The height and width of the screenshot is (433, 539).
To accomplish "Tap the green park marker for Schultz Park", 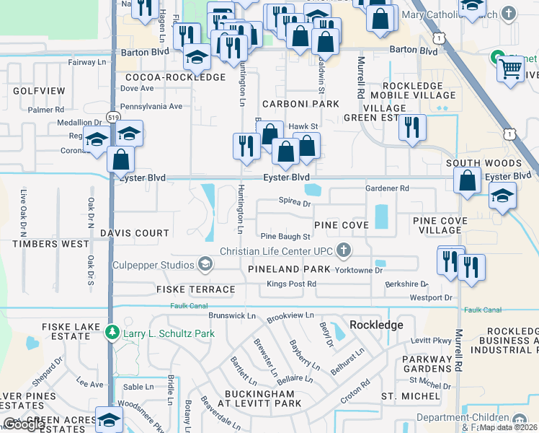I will tap(111, 333).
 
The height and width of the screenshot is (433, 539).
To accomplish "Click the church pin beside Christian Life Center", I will tap(344, 251).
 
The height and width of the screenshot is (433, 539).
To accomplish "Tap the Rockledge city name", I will tap(376, 325).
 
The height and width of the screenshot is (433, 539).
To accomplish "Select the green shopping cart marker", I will tap(510, 69).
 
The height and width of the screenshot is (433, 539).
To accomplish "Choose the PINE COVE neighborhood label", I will tap(341, 225).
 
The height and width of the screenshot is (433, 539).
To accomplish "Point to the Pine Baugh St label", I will tap(285, 236).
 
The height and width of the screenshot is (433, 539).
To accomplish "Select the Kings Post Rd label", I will tap(291, 284).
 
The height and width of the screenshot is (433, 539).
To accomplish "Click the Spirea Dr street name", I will tap(294, 204).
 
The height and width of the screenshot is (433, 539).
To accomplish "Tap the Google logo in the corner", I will tap(24, 424).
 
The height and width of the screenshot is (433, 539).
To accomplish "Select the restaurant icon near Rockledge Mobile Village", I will tap(413, 128).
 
